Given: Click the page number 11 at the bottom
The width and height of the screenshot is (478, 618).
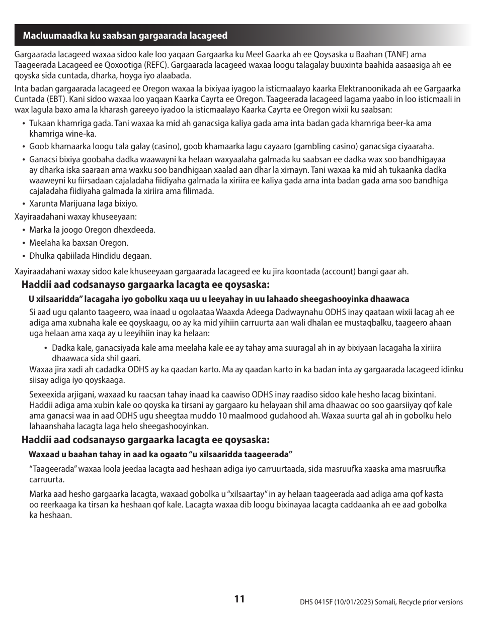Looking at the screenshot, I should pos(239,599).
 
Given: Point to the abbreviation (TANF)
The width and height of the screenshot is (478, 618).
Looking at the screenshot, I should pos(395,54).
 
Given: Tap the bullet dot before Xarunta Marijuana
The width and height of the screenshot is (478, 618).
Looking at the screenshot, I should pos(24,204).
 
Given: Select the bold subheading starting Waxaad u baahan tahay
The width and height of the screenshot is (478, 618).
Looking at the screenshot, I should pos(161,454).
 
